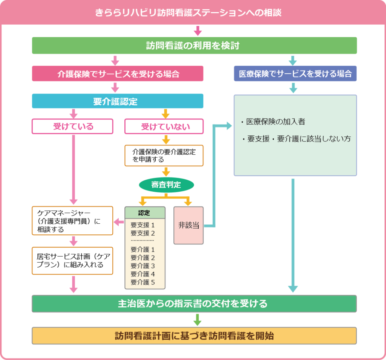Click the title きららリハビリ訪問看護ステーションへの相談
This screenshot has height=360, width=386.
tap(193, 13)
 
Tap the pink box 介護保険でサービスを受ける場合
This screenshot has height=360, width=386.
tap(118, 74)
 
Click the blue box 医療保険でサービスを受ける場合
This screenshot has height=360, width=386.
tap(295, 74)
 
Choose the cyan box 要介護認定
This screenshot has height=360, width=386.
tap(118, 101)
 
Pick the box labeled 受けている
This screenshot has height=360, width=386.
tap(72, 126)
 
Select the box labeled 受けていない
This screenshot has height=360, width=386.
tap(164, 126)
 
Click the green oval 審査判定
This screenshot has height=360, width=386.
tap(166, 185)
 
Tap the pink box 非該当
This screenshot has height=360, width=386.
tap(188, 225)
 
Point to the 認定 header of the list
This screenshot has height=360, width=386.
tap(145, 212)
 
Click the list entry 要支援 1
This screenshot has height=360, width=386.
tap(142, 225)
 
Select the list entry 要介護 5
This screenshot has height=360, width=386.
tap(142, 282)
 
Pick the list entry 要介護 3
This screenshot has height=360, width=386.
tap(142, 266)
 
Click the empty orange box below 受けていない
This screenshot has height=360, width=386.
tap(164, 155)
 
